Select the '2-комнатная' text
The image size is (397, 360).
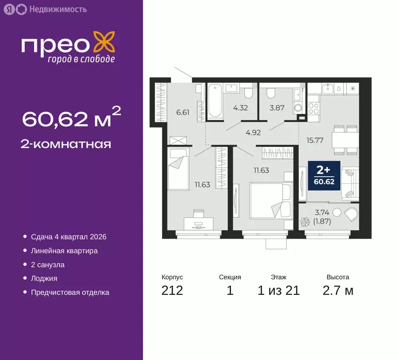(x=67, y=144)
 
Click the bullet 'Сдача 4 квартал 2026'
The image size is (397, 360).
(x=68, y=237)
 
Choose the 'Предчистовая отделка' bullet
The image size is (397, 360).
(x=70, y=292)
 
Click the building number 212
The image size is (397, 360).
(x=172, y=291)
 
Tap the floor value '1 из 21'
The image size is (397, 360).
(x=278, y=291)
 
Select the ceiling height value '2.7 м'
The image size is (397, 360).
(x=337, y=291)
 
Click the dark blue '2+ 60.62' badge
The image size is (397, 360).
(x=324, y=175)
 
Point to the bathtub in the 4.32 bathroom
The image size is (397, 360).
(x=215, y=100)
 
